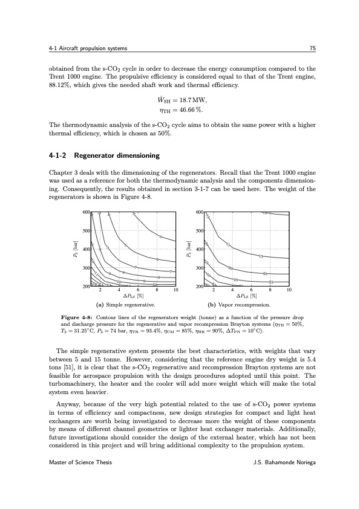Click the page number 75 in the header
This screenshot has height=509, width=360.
[310, 48]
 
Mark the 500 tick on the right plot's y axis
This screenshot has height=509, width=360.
[199, 231]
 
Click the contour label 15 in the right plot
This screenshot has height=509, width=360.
[261, 256]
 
